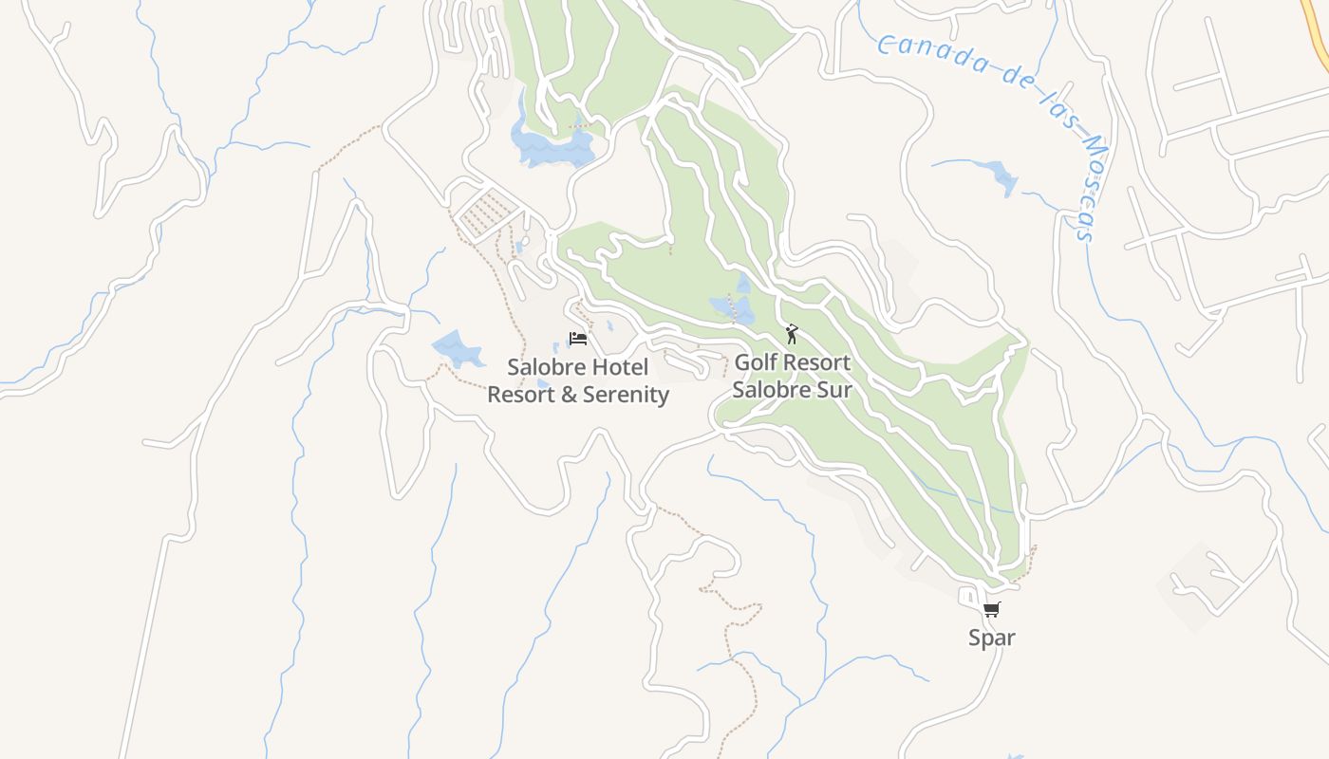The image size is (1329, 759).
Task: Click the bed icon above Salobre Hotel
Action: point(578,339)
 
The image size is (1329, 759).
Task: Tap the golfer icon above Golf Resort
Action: point(792,334)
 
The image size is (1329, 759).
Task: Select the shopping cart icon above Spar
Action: point(991,609)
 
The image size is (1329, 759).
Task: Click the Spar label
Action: point(991,638)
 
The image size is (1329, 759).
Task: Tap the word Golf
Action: point(756,362)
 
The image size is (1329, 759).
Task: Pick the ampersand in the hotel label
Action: point(570,395)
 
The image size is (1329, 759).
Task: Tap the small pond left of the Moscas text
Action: point(1002,177)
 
